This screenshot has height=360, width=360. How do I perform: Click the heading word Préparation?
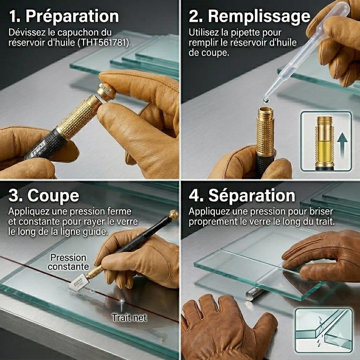72,16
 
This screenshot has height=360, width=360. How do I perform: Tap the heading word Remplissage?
259,16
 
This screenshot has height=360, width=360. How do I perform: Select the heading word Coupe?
53,196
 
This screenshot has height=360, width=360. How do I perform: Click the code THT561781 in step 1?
103,43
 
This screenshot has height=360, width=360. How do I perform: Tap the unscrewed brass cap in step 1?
106,92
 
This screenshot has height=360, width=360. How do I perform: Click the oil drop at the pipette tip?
266,100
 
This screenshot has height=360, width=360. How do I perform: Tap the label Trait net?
129,318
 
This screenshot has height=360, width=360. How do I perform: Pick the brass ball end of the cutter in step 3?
173,214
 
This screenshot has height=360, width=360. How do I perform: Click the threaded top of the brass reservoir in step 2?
265,113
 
